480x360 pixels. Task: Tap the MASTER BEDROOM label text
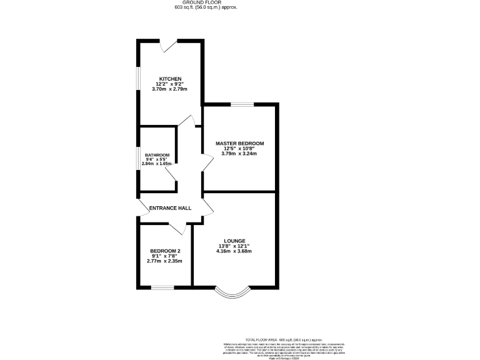pos(240,143)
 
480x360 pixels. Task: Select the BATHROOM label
pos(157,155)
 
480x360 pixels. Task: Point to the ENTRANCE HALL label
pos(170,208)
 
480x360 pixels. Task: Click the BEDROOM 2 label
pos(165,251)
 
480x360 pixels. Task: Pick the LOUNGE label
pos(234,241)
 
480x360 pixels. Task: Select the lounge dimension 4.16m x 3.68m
pos(234,251)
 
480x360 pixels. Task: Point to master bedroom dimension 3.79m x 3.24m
pos(240,154)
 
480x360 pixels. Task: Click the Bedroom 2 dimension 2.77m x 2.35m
pos(165,261)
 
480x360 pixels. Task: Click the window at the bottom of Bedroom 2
pos(162,287)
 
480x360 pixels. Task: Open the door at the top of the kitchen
pos(169,45)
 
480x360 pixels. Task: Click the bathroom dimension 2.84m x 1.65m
pos(157,164)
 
